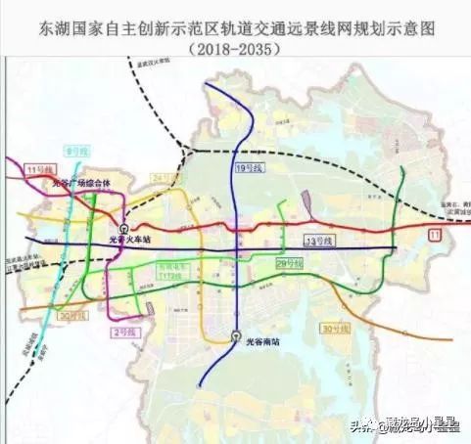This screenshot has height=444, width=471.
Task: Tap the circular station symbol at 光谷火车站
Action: point(110,230)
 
